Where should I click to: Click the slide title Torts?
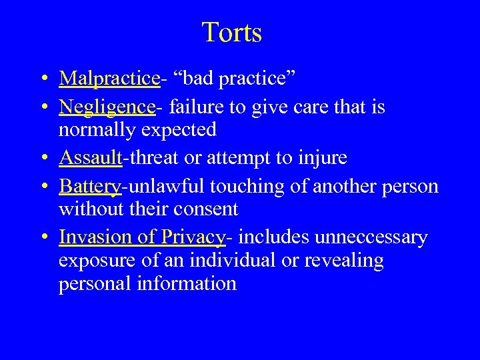(231, 33)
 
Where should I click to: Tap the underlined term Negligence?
(107, 107)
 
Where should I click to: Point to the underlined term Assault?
(91, 157)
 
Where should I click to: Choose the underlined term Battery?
(90, 186)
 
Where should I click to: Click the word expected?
(180, 129)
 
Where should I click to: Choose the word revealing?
(344, 261)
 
